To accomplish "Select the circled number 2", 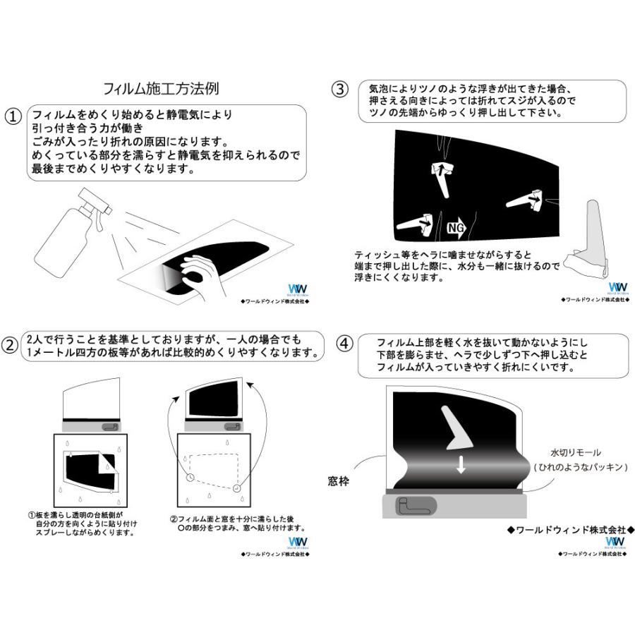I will (x=11, y=345).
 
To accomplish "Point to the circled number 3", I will (x=339, y=89).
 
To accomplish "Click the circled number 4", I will (x=344, y=344).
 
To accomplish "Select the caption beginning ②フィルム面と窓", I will (x=236, y=523).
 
